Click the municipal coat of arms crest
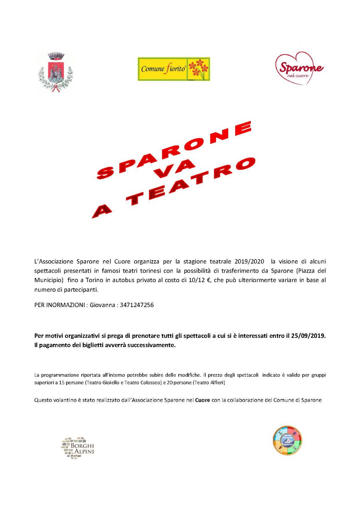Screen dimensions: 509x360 click(56, 72)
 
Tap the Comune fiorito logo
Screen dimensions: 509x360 click(173, 69)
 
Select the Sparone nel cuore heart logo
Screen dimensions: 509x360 click(299, 69)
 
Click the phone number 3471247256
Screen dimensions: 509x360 click(137, 305)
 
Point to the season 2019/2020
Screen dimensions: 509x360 click(249, 261)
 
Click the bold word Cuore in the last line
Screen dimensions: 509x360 click(202, 400)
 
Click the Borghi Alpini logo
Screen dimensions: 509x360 click(78, 448)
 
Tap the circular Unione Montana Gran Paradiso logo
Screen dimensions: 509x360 click(287, 440)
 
